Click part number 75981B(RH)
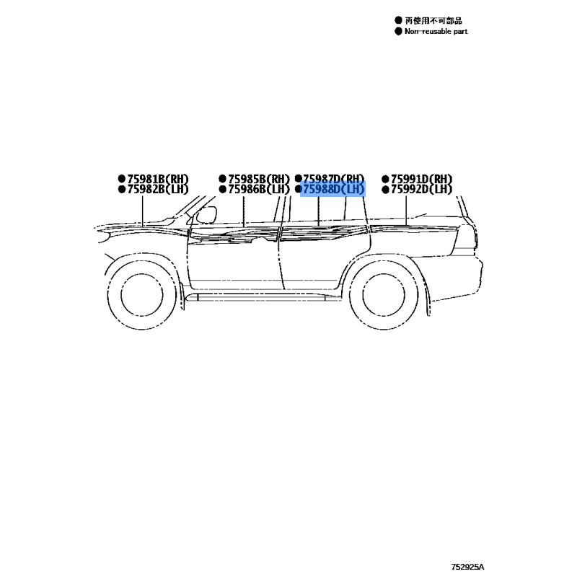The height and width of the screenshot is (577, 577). [x=158, y=179]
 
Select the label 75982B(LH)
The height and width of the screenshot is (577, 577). [x=158, y=189]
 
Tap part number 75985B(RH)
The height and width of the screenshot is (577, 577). [x=259, y=179]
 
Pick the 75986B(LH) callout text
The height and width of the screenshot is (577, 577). [x=259, y=189]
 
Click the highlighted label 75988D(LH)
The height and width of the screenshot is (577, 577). [x=333, y=189]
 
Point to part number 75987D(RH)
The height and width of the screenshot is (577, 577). [x=333, y=179]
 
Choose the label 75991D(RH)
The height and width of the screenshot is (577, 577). [x=421, y=179]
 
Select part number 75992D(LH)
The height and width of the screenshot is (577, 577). [x=421, y=189]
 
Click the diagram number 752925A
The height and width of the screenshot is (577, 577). [x=467, y=567]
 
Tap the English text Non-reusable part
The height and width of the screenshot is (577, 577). [x=436, y=32]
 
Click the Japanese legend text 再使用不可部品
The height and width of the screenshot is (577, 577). [x=433, y=21]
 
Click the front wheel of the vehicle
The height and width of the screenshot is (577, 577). [x=141, y=295]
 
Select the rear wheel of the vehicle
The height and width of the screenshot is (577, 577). [x=384, y=295]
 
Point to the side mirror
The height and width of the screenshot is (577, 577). [x=206, y=214]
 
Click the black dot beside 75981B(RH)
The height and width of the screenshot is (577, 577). [x=122, y=179]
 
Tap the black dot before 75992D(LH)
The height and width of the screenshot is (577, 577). [x=385, y=190]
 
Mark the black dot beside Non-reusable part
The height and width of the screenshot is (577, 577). [x=398, y=31]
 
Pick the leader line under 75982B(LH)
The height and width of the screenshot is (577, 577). [x=142, y=211]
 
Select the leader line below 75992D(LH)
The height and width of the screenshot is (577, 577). [x=406, y=210]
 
